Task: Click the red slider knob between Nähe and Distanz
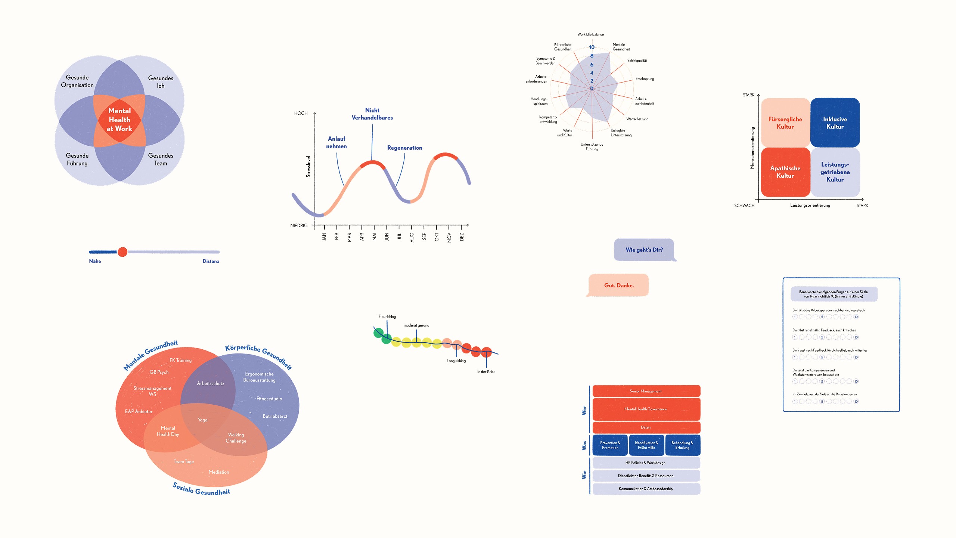coord(122,252)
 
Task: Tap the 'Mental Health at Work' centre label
coord(119,120)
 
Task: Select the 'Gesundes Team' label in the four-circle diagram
coord(161,159)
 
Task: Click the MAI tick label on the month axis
coord(374,236)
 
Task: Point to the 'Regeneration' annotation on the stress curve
coord(404,148)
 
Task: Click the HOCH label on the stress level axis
coord(301,113)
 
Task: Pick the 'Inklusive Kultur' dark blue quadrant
coord(835,123)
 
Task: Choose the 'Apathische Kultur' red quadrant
coord(785,172)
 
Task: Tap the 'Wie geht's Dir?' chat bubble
coord(644,250)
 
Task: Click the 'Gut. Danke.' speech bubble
coord(619,285)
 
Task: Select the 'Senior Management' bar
coord(646,391)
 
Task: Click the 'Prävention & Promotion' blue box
coord(610,445)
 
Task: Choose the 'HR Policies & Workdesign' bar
coord(646,463)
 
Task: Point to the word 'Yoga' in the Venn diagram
coord(202,420)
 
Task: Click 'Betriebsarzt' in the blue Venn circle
coord(275,416)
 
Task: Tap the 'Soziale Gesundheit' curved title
coord(201,489)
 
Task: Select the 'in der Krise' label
coord(486,372)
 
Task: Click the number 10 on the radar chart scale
coord(592,47)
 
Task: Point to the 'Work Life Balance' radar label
coord(590,34)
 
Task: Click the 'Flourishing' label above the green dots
coord(387,317)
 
